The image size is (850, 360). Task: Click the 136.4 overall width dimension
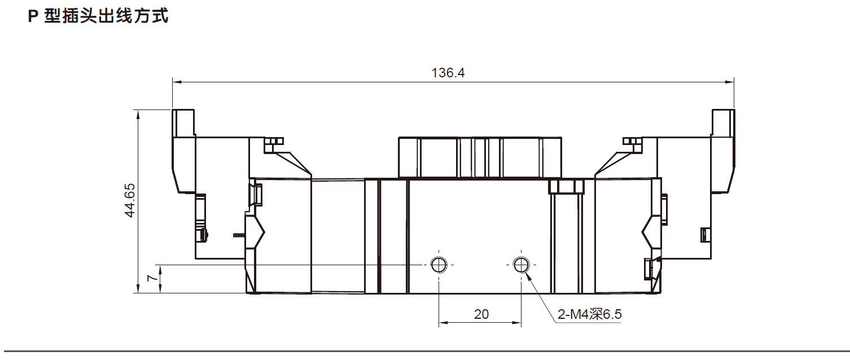click(448, 73)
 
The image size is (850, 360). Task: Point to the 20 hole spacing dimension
click(481, 314)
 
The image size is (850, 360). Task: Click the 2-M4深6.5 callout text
click(589, 314)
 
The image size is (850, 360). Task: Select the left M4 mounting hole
click(439, 264)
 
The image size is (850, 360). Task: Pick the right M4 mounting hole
click(521, 264)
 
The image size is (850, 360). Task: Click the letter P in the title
click(32, 17)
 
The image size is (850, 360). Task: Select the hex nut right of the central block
click(565, 187)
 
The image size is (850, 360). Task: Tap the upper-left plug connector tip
click(183, 121)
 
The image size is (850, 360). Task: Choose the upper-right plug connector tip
click(723, 121)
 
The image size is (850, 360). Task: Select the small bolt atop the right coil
click(631, 141)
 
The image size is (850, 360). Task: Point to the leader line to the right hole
click(540, 292)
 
